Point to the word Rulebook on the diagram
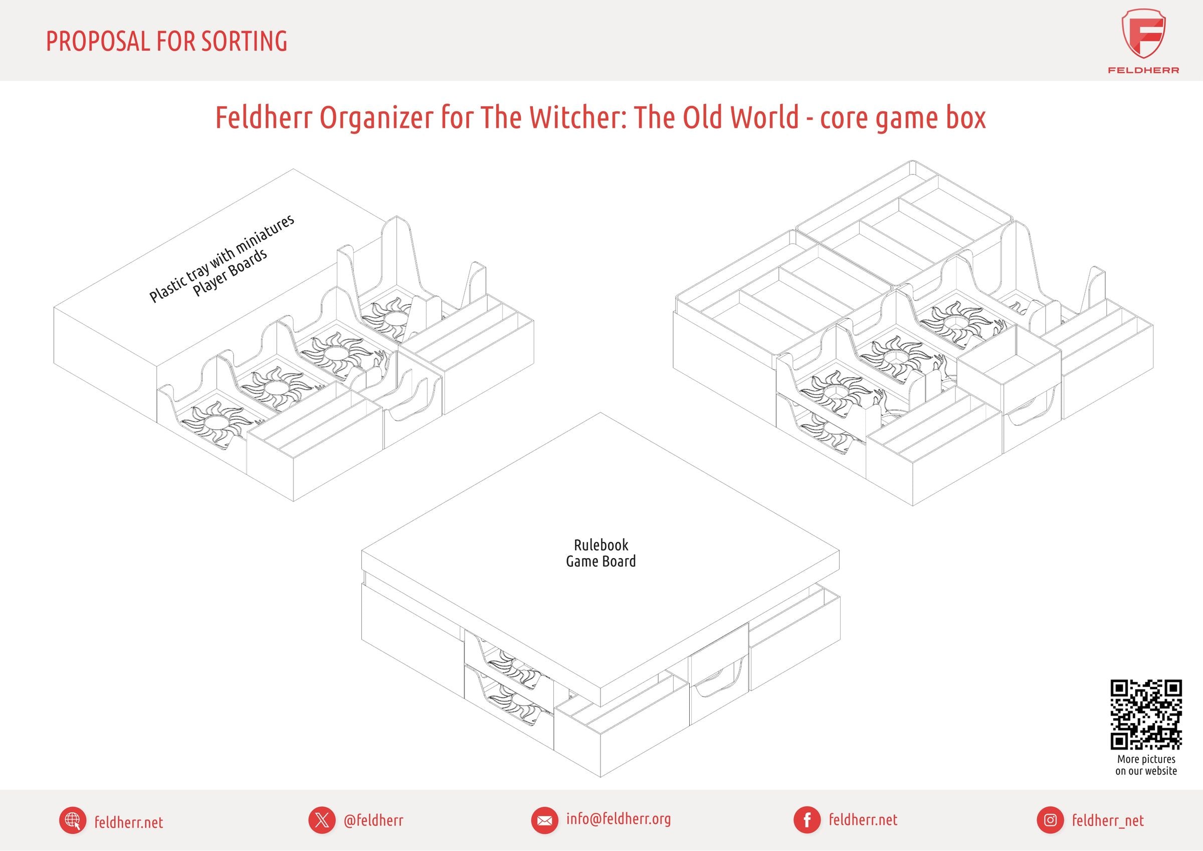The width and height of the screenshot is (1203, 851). pos(601,545)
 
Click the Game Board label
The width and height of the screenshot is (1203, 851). pos(601,561)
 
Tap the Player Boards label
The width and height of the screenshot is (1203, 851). pos(231,272)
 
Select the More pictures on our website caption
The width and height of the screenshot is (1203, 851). pos(1146,765)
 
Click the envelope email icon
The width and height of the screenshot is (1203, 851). pos(544,820)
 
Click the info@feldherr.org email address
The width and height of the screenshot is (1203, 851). pos(618,819)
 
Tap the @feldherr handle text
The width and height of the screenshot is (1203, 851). pos(373,820)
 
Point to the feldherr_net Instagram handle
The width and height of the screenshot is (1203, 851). pos(1108,820)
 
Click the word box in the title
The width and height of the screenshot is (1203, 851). pos(965,117)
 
